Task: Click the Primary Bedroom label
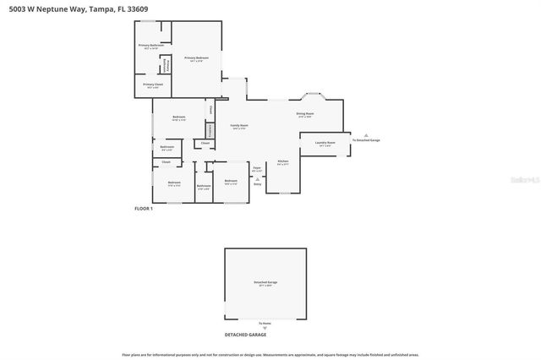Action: [x=196, y=58]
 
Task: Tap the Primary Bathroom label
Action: [x=152, y=46]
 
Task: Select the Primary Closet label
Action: [x=152, y=85]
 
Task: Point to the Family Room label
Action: [x=238, y=126]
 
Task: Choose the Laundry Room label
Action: [x=325, y=143]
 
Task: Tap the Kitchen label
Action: [x=283, y=162]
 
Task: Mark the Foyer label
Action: [x=257, y=169]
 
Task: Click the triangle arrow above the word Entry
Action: [x=257, y=178]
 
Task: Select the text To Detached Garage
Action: [x=366, y=140]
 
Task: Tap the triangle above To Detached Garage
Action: [x=366, y=134]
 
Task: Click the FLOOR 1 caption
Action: [x=144, y=208]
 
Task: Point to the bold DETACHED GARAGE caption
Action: [x=245, y=335]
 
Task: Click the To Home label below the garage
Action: [x=265, y=324]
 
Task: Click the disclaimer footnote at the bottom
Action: [x=270, y=354]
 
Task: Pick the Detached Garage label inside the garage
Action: [x=265, y=282]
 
